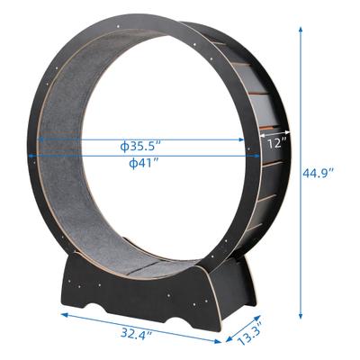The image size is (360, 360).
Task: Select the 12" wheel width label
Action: [x=277, y=142]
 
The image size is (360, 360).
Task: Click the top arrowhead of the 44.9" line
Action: [x=300, y=27]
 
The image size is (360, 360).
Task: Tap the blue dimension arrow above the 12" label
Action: [x=274, y=131]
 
